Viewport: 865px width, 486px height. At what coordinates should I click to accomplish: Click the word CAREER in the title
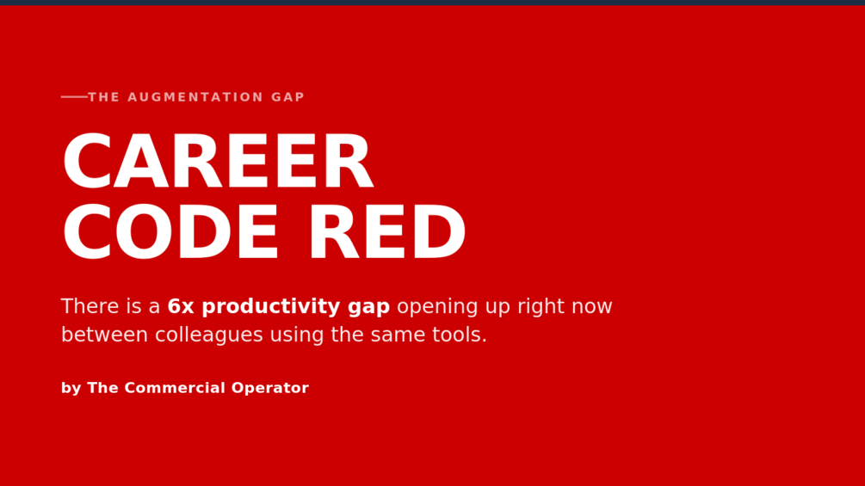(219, 162)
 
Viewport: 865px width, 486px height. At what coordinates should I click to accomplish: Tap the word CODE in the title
(170, 232)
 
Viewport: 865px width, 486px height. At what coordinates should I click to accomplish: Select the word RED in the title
(387, 232)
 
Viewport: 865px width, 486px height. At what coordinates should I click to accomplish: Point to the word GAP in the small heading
(288, 97)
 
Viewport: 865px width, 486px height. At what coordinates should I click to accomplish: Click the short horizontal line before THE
(75, 97)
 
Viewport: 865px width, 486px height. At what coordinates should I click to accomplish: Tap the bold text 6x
(181, 306)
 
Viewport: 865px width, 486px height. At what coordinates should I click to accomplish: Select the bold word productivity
(271, 307)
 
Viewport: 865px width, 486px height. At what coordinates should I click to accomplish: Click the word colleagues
(209, 335)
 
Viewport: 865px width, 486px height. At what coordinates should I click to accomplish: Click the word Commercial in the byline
(176, 388)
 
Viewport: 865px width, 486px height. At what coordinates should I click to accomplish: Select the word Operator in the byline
(269, 389)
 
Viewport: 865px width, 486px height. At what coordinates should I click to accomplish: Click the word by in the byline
(71, 389)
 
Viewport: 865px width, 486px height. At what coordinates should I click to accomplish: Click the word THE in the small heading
(103, 97)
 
